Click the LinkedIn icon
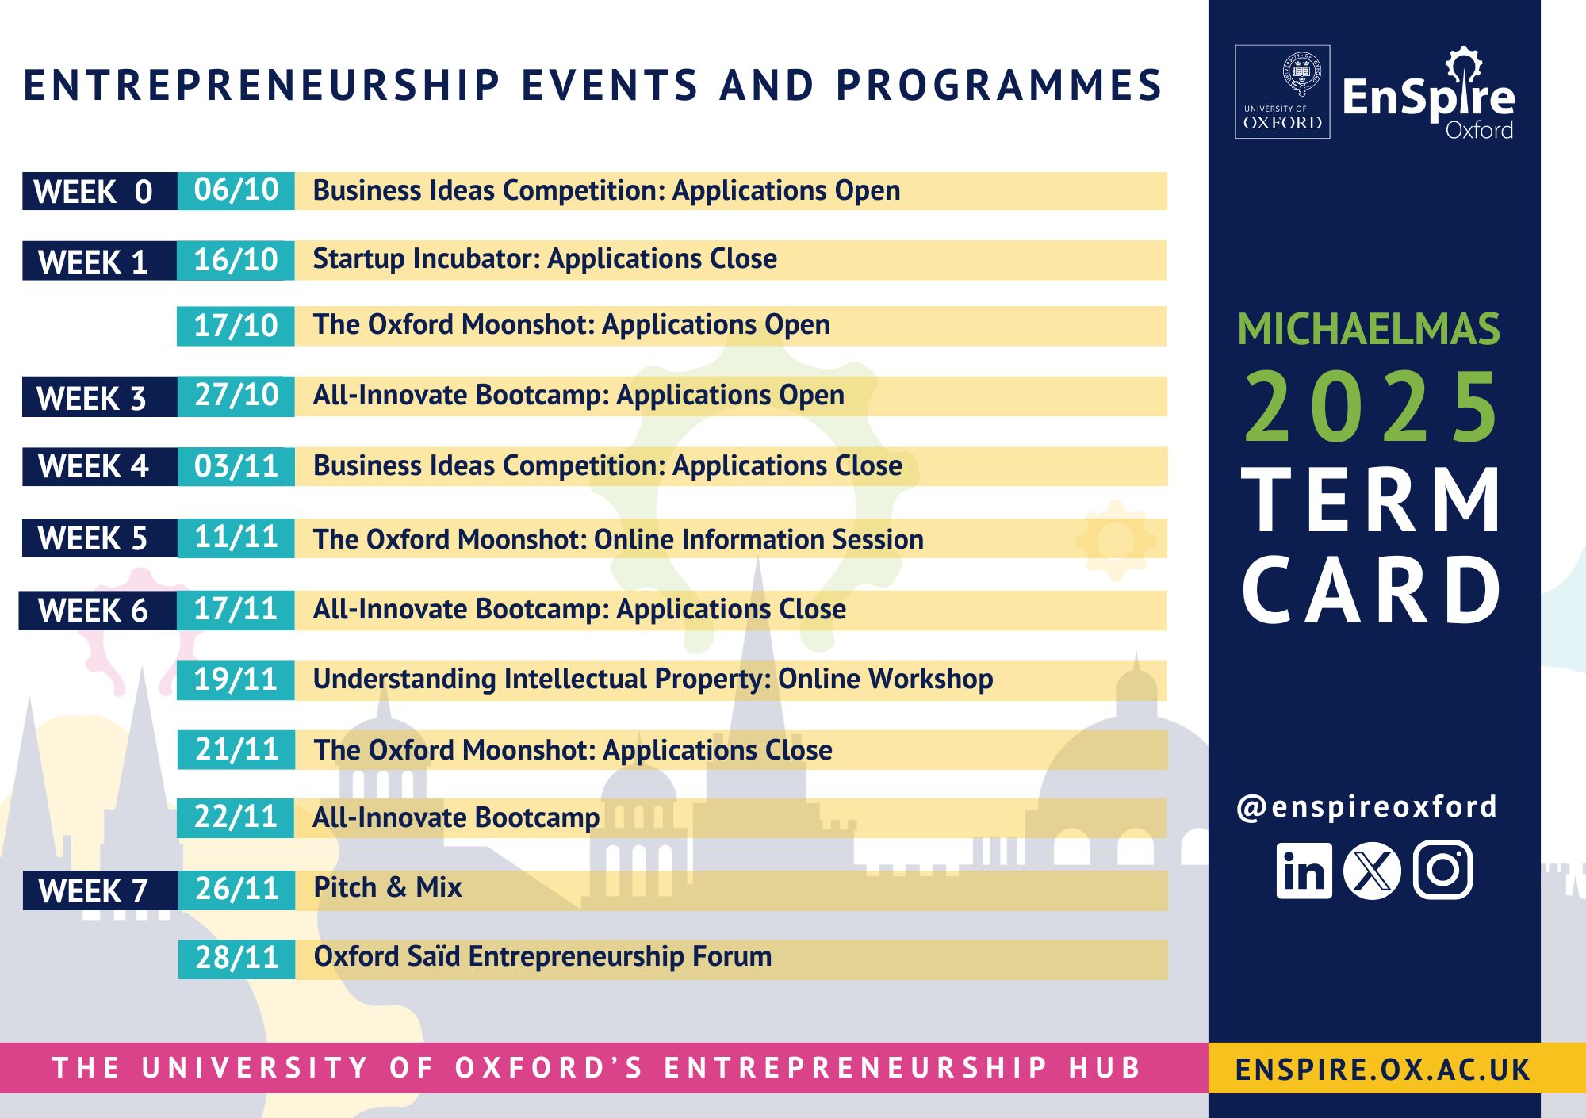point(1304,871)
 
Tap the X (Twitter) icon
point(1372,871)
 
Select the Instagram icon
point(1442,871)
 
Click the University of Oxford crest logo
point(1282,92)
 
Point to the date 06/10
point(236,190)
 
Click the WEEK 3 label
point(91,398)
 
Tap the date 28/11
point(236,958)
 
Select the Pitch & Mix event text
point(388,887)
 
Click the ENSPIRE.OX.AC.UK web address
point(1383,1070)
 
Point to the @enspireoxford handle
point(1367,807)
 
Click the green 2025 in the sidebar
point(1371,407)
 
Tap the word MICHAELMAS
point(1369,329)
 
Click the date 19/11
point(236,680)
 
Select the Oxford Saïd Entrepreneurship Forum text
point(542,956)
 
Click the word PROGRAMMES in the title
point(999,86)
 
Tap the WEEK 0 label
point(93,192)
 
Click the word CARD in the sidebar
point(1371,589)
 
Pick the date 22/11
point(236,817)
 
